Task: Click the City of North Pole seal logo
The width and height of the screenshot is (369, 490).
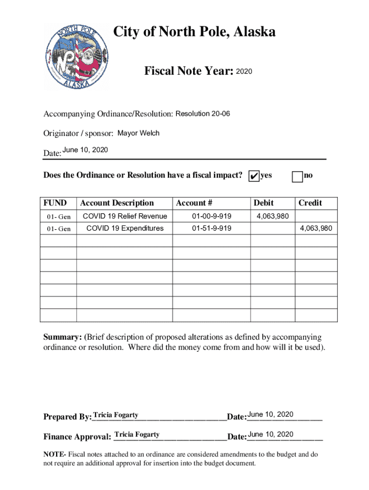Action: click(x=77, y=57)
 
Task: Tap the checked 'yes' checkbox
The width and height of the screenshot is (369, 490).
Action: click(x=254, y=177)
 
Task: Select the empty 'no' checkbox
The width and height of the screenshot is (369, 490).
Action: click(x=297, y=177)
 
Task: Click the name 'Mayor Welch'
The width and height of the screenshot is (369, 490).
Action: click(x=138, y=133)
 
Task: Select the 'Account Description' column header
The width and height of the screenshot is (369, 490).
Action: click(x=117, y=203)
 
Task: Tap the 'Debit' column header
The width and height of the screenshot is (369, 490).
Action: click(x=264, y=203)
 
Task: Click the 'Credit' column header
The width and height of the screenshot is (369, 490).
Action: click(x=310, y=203)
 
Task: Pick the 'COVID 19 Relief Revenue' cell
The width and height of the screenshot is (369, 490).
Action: click(x=125, y=216)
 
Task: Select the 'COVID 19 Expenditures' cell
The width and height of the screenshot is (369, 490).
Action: click(x=125, y=228)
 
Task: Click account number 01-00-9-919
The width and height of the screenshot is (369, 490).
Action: click(x=211, y=216)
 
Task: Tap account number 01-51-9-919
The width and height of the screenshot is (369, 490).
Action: click(x=211, y=228)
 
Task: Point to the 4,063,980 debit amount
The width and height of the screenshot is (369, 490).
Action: click(x=273, y=216)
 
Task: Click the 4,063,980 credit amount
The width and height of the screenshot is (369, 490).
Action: click(x=316, y=228)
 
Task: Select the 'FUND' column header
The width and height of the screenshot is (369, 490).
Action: click(x=55, y=203)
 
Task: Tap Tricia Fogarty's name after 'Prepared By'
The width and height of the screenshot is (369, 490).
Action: click(x=116, y=415)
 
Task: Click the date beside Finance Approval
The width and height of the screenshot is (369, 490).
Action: click(x=271, y=434)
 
